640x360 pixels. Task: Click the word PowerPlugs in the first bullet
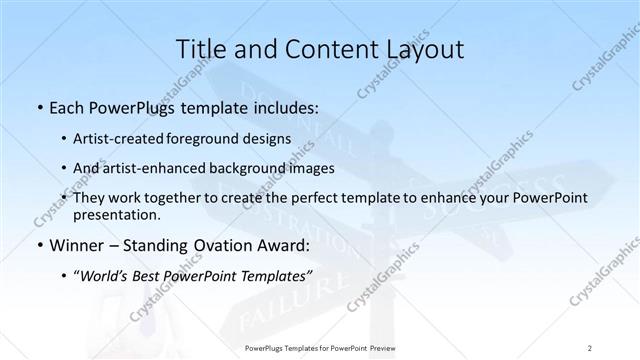[128, 105]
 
